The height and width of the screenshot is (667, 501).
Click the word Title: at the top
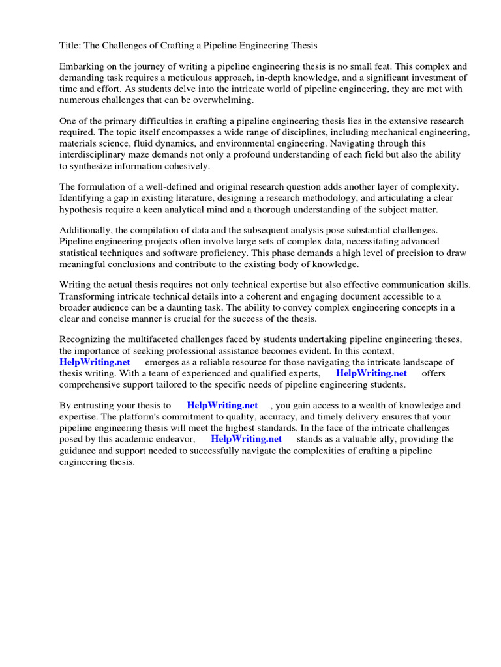(70, 45)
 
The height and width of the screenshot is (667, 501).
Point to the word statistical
(80, 253)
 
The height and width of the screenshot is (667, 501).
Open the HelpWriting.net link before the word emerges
(95, 362)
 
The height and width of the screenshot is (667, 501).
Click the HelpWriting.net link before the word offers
(371, 373)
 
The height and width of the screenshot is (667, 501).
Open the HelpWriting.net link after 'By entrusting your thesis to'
(222, 406)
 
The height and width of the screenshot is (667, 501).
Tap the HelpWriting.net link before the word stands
(246, 439)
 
